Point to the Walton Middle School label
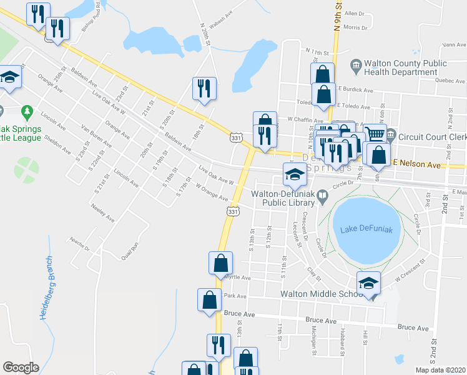[x=320, y=294]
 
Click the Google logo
[x=21, y=367]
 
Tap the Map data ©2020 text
[x=440, y=370]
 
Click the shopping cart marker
[x=374, y=134]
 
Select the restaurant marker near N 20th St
[x=204, y=88]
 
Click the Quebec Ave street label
[x=438, y=80]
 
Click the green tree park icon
[x=27, y=112]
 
